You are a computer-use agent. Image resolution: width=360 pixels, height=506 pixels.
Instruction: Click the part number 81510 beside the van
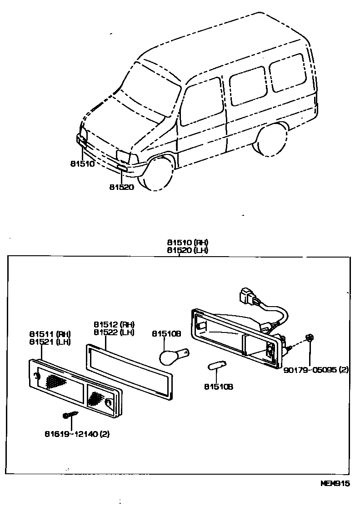pyautogui.click(x=82, y=164)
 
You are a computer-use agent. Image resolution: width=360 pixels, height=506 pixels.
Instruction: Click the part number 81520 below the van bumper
pyautogui.click(x=122, y=187)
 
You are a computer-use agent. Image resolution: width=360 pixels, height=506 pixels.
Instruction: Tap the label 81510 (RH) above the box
pyautogui.click(x=187, y=243)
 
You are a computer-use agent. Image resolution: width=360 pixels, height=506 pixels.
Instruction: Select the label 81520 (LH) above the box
pyautogui.click(x=187, y=250)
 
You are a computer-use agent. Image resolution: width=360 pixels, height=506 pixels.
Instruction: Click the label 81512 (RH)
pyautogui.click(x=114, y=324)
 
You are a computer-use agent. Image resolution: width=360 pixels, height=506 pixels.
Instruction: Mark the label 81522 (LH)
pyautogui.click(x=114, y=332)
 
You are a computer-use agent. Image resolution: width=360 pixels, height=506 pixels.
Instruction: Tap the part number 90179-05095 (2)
pyautogui.click(x=316, y=370)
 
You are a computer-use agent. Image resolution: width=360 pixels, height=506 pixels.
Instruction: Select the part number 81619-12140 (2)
pyautogui.click(x=77, y=434)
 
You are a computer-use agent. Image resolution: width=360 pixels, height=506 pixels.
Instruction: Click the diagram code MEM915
pyautogui.click(x=335, y=485)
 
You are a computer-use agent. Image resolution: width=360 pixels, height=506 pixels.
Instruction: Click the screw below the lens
pyautogui.click(x=70, y=415)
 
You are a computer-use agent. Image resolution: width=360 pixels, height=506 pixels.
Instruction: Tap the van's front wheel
pyautogui.click(x=155, y=173)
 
